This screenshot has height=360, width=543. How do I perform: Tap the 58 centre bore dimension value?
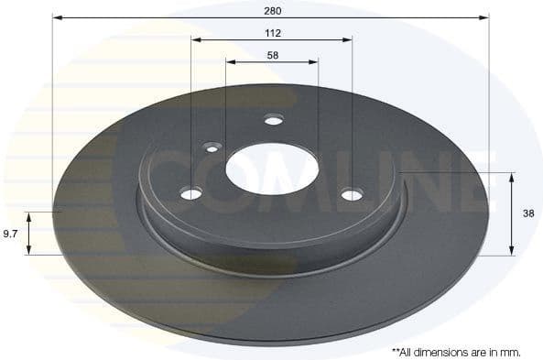272,55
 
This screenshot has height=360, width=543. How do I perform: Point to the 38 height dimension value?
528,213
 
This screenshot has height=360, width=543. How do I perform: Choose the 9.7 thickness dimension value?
11,234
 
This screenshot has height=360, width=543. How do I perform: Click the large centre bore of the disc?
272,169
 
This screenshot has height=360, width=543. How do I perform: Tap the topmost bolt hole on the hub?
272,119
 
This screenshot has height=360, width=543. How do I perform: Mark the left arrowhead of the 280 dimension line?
58,16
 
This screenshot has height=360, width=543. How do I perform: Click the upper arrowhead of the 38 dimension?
511,177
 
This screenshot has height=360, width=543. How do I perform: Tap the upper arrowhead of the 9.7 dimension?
29,216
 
